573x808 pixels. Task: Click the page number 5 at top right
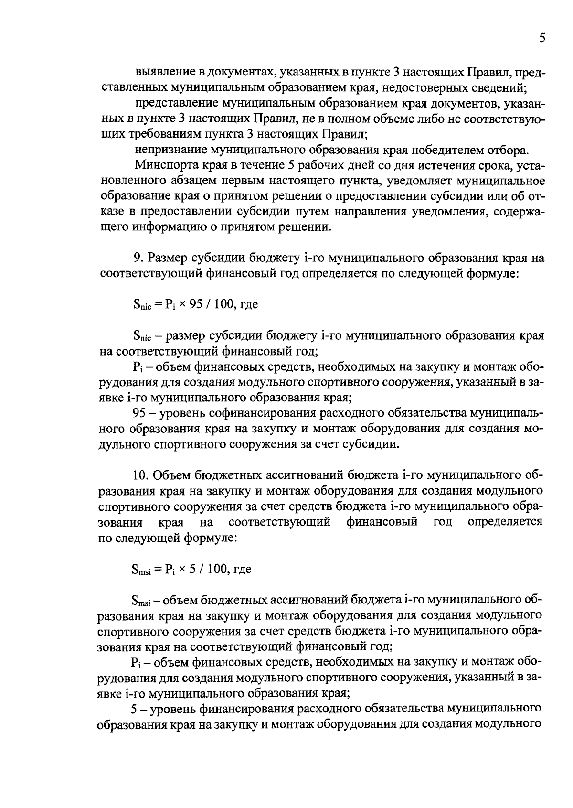[x=541, y=39]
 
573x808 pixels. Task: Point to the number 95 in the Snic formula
[x=197, y=304]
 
